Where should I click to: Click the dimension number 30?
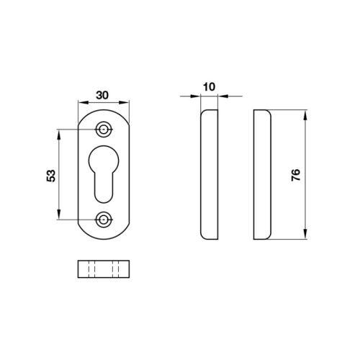tap(102, 95)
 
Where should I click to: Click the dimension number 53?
tap(51, 176)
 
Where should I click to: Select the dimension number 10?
tap(210, 87)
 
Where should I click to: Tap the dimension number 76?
tap(296, 175)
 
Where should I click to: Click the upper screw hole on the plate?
tap(104, 130)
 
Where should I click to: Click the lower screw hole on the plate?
tap(104, 220)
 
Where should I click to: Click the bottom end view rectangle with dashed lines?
tap(104, 269)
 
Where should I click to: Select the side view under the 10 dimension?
tap(210, 174)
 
